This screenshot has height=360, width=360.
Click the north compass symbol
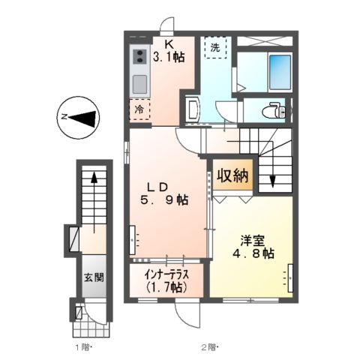pos(79,116)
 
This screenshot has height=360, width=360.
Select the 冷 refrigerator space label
pos(139,109)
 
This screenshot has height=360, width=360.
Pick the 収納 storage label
pos(233,176)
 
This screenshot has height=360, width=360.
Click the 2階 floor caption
pos(208,346)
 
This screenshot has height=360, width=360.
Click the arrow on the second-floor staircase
pos(273,180)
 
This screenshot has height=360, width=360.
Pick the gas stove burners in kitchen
pos(139,56)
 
